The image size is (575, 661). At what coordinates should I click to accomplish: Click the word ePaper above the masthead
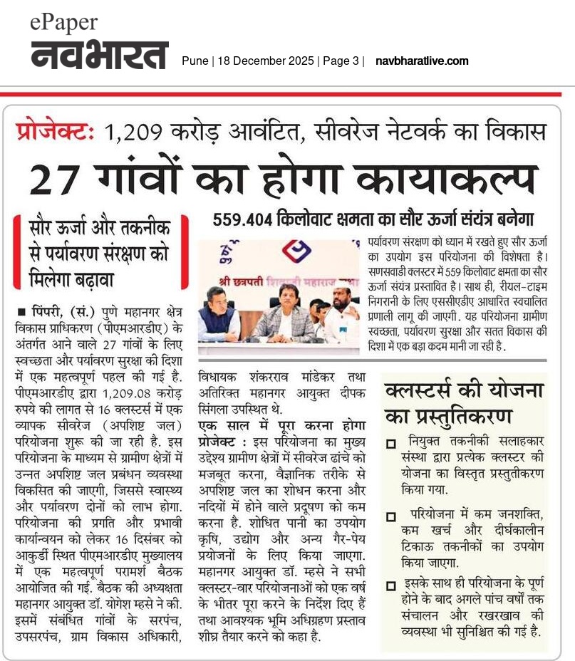pos(63,22)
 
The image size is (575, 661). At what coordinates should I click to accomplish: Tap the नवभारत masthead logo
pos(99,56)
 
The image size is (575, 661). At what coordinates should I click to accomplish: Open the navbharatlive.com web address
pos(422,61)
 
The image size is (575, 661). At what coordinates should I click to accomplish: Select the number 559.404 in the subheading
pos(249,219)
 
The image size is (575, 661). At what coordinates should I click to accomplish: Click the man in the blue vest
pos(219,314)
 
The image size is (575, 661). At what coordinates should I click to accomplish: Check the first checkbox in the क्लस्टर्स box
pos(390,444)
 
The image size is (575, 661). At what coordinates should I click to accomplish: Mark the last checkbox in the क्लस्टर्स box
pos(390,586)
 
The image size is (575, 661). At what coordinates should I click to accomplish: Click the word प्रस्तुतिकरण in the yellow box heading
pos(472,415)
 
